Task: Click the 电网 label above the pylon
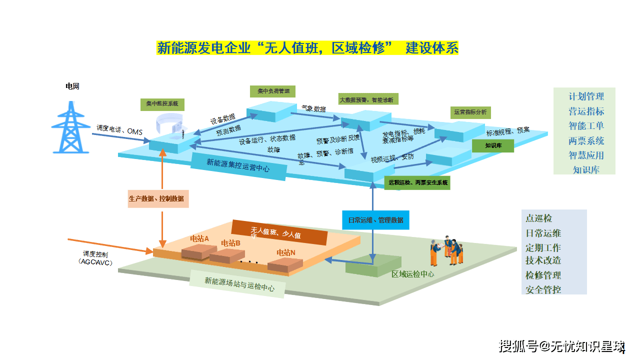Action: pyautogui.click(x=72, y=86)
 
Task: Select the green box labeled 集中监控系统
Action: pyautogui.click(x=162, y=104)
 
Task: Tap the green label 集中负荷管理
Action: pyautogui.click(x=273, y=91)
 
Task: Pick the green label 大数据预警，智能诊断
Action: pyautogui.click(x=369, y=99)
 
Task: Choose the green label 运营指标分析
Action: pyautogui.click(x=470, y=112)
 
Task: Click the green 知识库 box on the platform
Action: pyautogui.click(x=492, y=145)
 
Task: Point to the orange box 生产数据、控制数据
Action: pyautogui.click(x=156, y=198)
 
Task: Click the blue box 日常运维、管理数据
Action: pyautogui.click(x=375, y=220)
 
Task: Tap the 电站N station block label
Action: pyautogui.click(x=286, y=252)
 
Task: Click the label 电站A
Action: pyautogui.click(x=199, y=238)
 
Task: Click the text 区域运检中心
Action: pyautogui.click(x=412, y=274)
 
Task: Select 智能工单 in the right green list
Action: pyautogui.click(x=586, y=125)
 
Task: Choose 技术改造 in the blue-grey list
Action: pyautogui.click(x=543, y=260)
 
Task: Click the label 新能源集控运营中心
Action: pyautogui.click(x=238, y=165)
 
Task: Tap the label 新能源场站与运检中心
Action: pyautogui.click(x=239, y=284)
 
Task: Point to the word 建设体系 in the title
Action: pyautogui.click(x=432, y=48)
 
